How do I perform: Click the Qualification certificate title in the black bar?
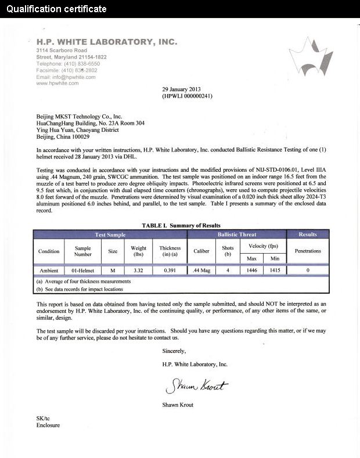click(x=57, y=9)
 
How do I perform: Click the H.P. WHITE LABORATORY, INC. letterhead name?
click(x=107, y=42)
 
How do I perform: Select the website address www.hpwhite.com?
click(x=57, y=83)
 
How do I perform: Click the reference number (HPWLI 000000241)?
click(x=187, y=96)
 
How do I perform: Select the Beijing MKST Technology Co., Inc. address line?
click(x=80, y=116)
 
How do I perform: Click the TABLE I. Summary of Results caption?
click(x=181, y=225)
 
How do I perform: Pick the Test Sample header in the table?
click(x=110, y=235)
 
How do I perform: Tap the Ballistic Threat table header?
click(x=236, y=235)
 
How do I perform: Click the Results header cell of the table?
click(x=308, y=235)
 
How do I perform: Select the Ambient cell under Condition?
click(x=49, y=271)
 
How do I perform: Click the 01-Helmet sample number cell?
click(x=82, y=271)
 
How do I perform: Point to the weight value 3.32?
click(x=138, y=271)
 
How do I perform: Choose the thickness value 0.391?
click(x=170, y=271)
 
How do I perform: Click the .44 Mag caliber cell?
click(x=201, y=271)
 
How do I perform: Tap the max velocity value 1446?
click(x=252, y=271)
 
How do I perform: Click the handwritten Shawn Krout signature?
click(x=197, y=386)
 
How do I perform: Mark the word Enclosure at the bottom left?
click(x=48, y=425)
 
